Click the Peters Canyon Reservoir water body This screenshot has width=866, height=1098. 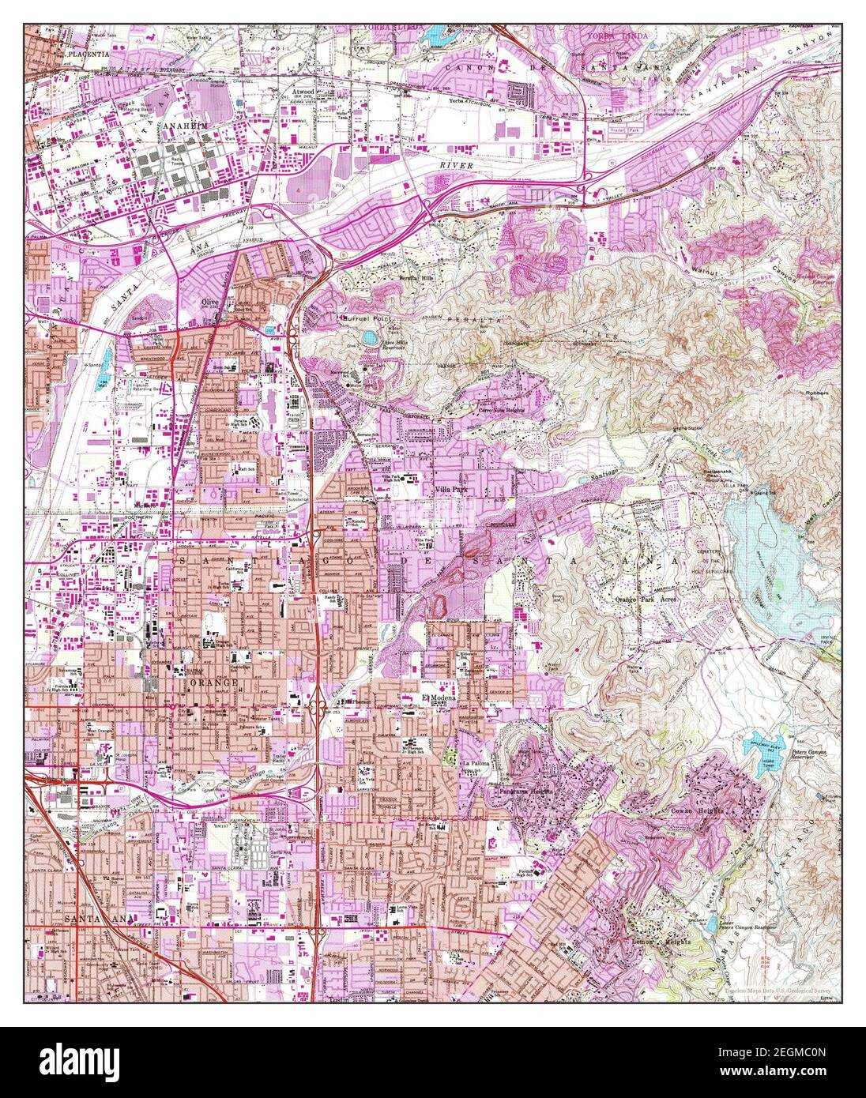click(763, 752)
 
